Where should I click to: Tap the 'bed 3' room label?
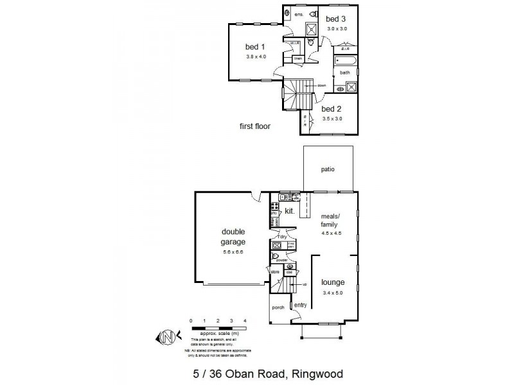pos(337,19)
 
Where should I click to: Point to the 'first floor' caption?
pos(255,126)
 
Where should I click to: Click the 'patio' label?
pos(328,169)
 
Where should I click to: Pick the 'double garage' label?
pos(234,237)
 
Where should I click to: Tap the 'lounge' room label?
pos(333,282)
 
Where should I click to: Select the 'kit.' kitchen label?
pos(290,210)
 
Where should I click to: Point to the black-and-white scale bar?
pos(218,328)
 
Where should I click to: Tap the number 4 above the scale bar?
pos(245,320)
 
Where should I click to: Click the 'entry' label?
pos(300,305)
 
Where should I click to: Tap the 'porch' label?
pos(278,307)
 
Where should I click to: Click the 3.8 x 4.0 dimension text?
pos(255,57)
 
